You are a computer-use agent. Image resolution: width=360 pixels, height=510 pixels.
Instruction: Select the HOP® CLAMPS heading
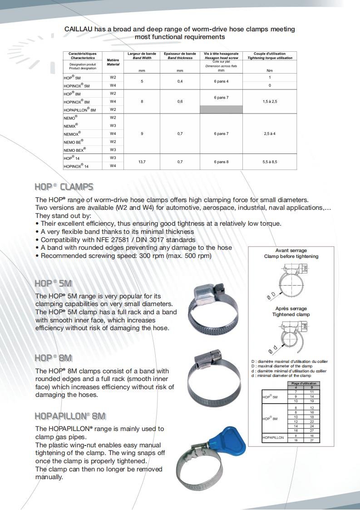(64, 187)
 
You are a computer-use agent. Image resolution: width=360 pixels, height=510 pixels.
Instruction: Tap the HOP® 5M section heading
(54, 283)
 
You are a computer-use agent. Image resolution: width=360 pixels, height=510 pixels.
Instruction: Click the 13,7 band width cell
(142, 162)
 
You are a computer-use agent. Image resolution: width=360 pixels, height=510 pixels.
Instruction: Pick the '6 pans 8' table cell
(221, 162)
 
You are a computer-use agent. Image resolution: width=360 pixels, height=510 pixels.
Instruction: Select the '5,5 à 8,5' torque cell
(270, 162)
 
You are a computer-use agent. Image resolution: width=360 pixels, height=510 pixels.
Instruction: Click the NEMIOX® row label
(73, 134)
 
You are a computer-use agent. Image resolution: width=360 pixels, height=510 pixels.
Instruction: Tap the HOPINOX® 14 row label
(76, 166)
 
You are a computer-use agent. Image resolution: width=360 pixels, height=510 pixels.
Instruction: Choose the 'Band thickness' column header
(180, 58)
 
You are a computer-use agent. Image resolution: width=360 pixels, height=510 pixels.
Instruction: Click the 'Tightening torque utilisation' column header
(270, 58)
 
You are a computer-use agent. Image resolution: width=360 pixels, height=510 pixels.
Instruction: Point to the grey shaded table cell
(221, 109)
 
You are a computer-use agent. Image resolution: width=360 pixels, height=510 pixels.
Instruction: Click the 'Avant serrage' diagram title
(291, 251)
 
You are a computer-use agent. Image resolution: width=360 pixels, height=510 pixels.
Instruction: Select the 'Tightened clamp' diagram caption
(291, 314)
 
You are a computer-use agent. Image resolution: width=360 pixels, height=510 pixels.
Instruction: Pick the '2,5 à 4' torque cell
(270, 134)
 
